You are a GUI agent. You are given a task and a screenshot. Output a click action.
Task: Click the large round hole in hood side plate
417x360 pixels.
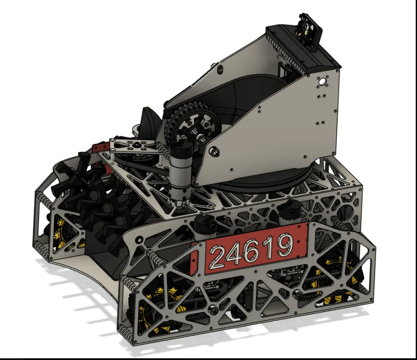tap(322, 81)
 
